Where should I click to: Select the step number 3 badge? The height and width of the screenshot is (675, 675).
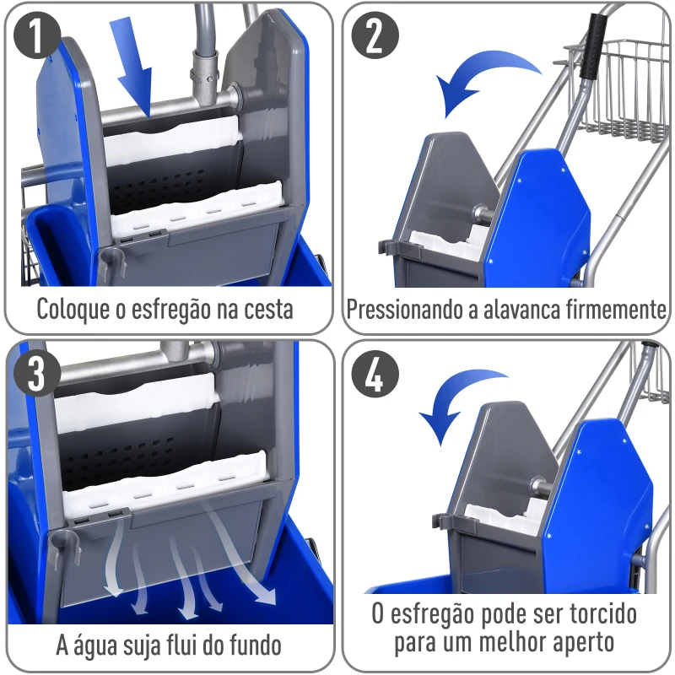pyautogui.click(x=37, y=372)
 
